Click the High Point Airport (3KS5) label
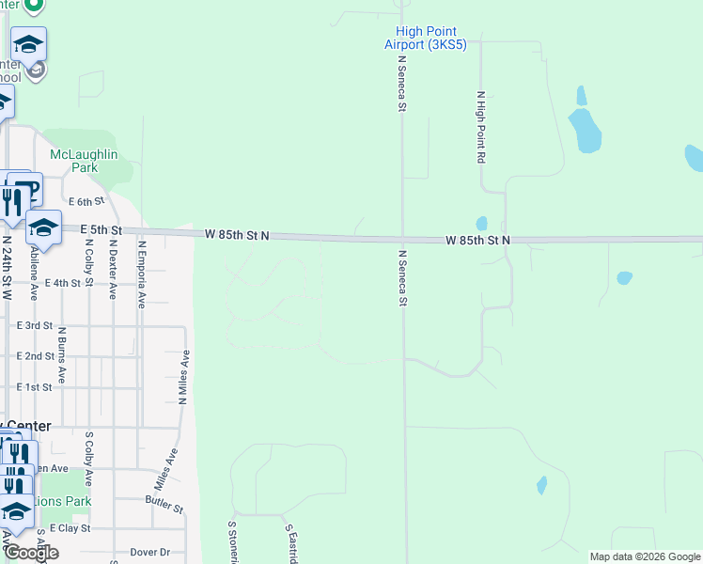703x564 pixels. tap(426, 38)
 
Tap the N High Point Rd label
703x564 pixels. tap(480, 128)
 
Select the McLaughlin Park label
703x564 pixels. tap(84, 161)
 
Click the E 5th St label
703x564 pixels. tap(102, 229)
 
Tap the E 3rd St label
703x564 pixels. tap(36, 324)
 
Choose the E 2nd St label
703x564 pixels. tap(36, 356)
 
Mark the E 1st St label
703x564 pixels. tap(36, 387)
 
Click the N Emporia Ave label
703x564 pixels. tap(141, 274)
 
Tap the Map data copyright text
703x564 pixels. tap(644, 556)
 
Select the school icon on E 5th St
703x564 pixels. tap(43, 227)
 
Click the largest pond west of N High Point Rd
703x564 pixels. tap(585, 131)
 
